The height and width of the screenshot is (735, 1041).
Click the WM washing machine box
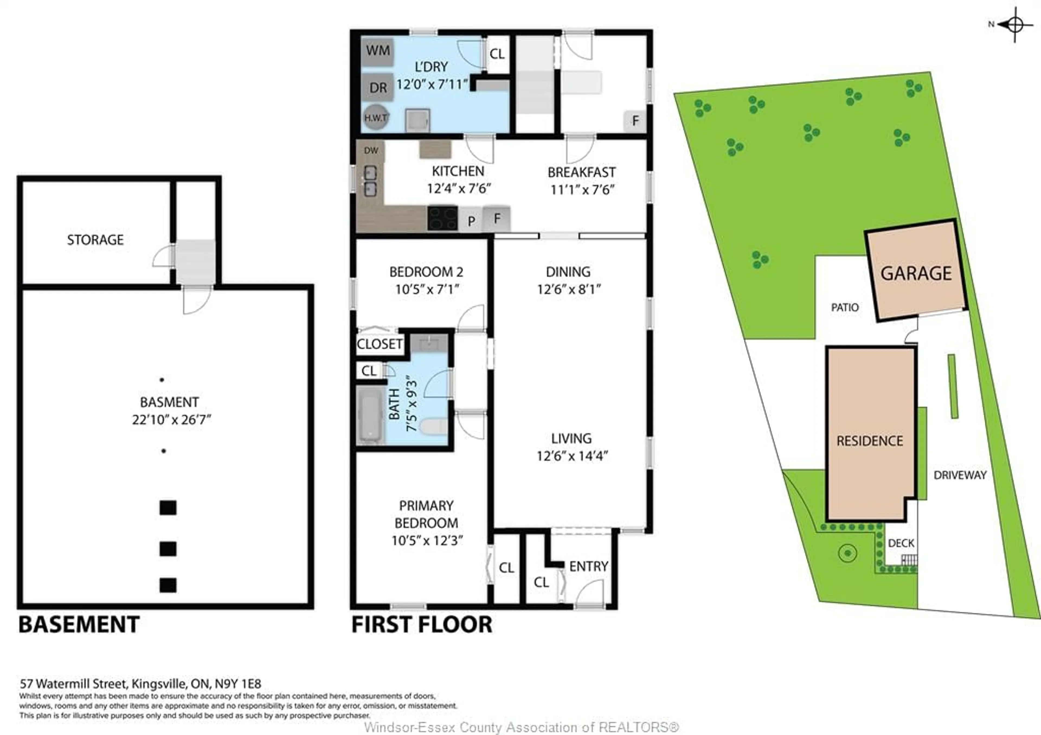point(378,51)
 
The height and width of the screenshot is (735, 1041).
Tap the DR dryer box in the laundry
point(378,87)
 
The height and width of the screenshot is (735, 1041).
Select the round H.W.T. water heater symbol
point(376,117)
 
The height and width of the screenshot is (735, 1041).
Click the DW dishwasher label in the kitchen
point(371,150)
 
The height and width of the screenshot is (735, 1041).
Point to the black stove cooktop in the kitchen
point(442,218)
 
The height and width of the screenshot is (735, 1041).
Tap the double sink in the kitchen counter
point(370,181)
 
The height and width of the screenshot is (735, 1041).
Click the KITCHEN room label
point(458,171)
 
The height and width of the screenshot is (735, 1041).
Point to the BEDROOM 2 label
point(426,272)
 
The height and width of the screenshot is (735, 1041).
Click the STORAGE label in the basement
point(95,240)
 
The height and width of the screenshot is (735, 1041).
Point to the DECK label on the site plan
point(901,543)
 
